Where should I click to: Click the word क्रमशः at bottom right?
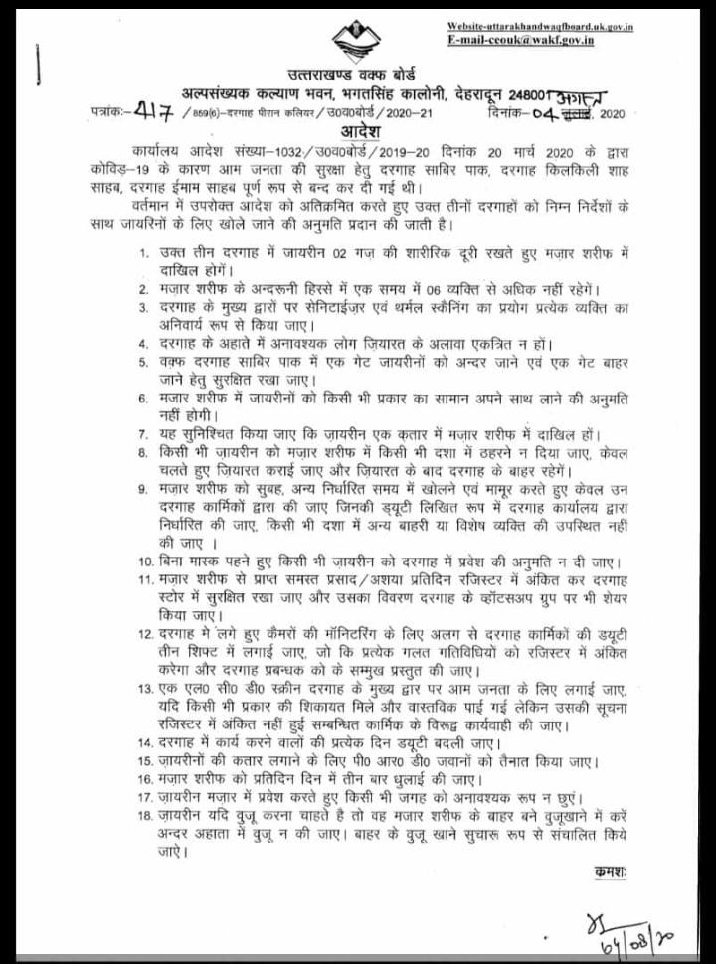pyautogui.click(x=610, y=871)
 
